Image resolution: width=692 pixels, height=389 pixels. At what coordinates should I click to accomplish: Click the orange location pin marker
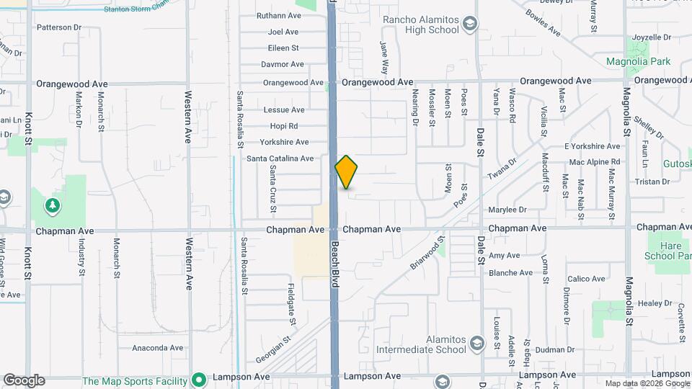click(347, 172)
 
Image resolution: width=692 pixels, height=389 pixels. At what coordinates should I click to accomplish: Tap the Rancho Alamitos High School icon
click(470, 25)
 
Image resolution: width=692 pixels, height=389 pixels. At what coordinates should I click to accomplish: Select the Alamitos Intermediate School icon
click(476, 344)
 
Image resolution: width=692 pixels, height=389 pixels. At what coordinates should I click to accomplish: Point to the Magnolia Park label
click(638, 62)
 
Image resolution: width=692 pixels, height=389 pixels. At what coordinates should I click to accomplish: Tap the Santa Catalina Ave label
click(280, 158)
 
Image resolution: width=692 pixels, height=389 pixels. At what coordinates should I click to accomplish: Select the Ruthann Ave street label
click(278, 15)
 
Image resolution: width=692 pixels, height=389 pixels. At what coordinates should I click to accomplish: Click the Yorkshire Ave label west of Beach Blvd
click(284, 142)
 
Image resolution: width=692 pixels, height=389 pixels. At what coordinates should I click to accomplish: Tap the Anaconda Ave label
click(157, 348)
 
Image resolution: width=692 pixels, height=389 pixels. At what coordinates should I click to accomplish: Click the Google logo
click(24, 380)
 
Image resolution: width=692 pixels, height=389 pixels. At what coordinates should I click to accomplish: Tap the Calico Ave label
click(586, 279)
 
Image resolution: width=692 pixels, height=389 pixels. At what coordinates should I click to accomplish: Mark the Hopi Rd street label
click(283, 126)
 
